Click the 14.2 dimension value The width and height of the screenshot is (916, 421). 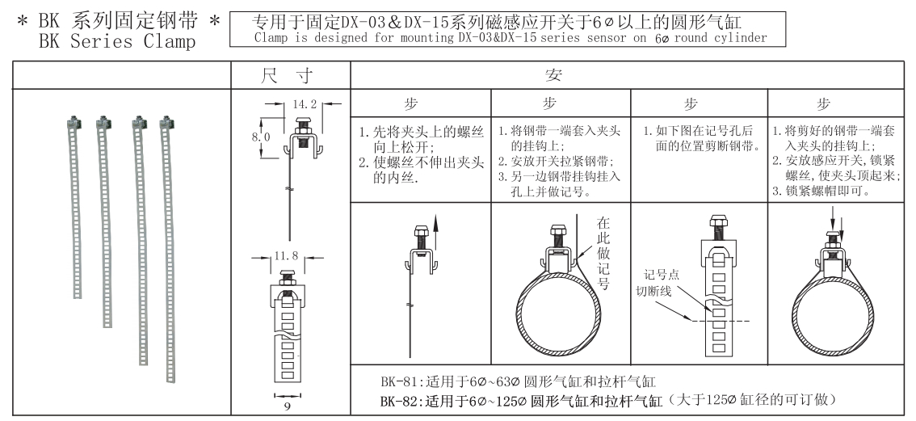[x=305, y=105]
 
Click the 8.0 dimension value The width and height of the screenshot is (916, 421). [x=261, y=137]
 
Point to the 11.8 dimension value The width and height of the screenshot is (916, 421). [x=286, y=255]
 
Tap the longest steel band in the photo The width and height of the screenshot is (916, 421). [x=168, y=250]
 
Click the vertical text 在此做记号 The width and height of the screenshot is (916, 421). [x=603, y=253]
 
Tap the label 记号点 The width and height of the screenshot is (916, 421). [x=662, y=275]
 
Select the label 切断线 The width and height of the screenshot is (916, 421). [x=653, y=291]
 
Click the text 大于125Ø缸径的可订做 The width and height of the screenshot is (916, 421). [x=753, y=401]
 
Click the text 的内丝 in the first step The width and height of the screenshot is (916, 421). [x=396, y=177]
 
